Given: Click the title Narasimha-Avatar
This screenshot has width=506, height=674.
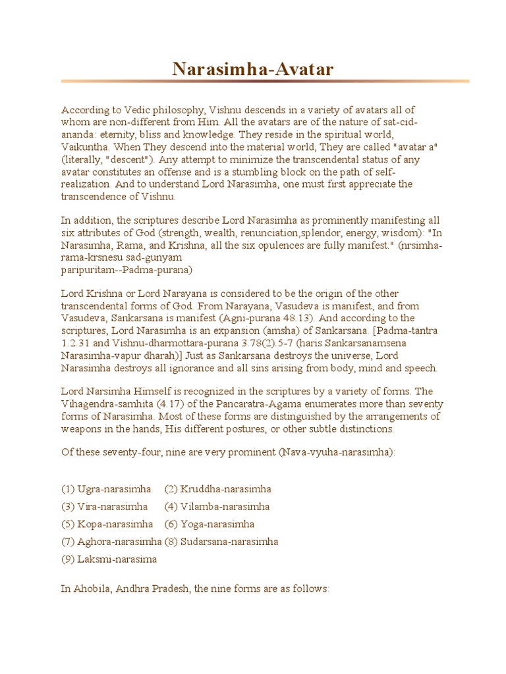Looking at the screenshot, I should (252, 69).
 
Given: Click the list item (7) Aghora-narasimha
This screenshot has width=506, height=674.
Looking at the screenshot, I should (111, 542).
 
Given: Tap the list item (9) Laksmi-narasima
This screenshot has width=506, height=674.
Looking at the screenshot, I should (109, 559).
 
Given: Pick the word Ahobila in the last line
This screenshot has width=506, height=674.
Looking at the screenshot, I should (92, 590).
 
